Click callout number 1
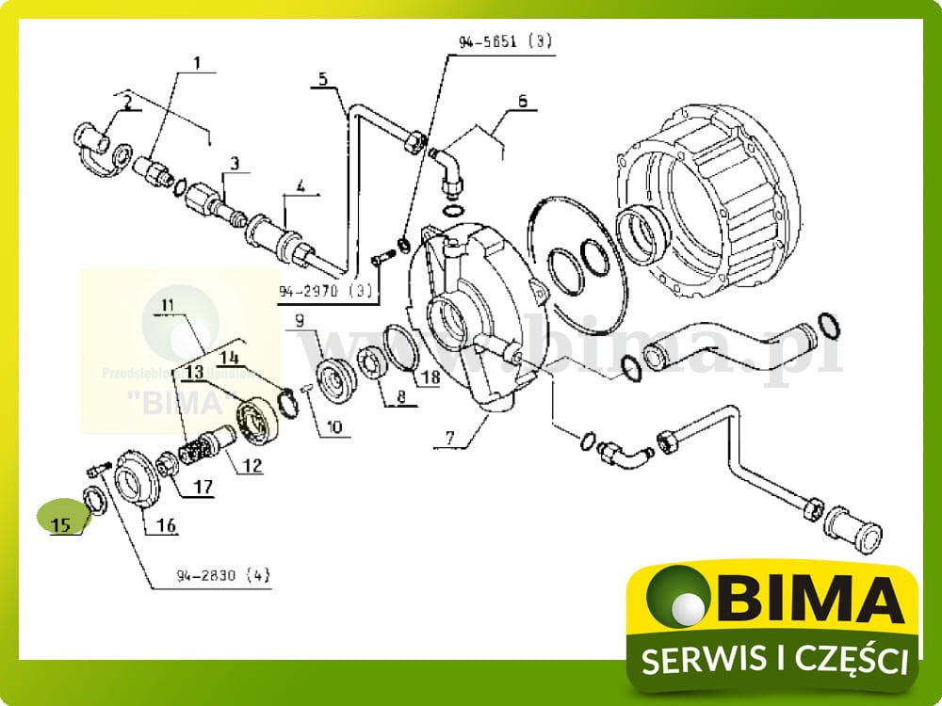198,63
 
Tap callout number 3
235,164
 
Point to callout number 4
300,186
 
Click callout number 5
322,78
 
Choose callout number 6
522,100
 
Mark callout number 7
450,439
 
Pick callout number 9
300,320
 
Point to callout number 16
166,525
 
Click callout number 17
203,488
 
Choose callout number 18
430,377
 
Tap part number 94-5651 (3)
506,40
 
